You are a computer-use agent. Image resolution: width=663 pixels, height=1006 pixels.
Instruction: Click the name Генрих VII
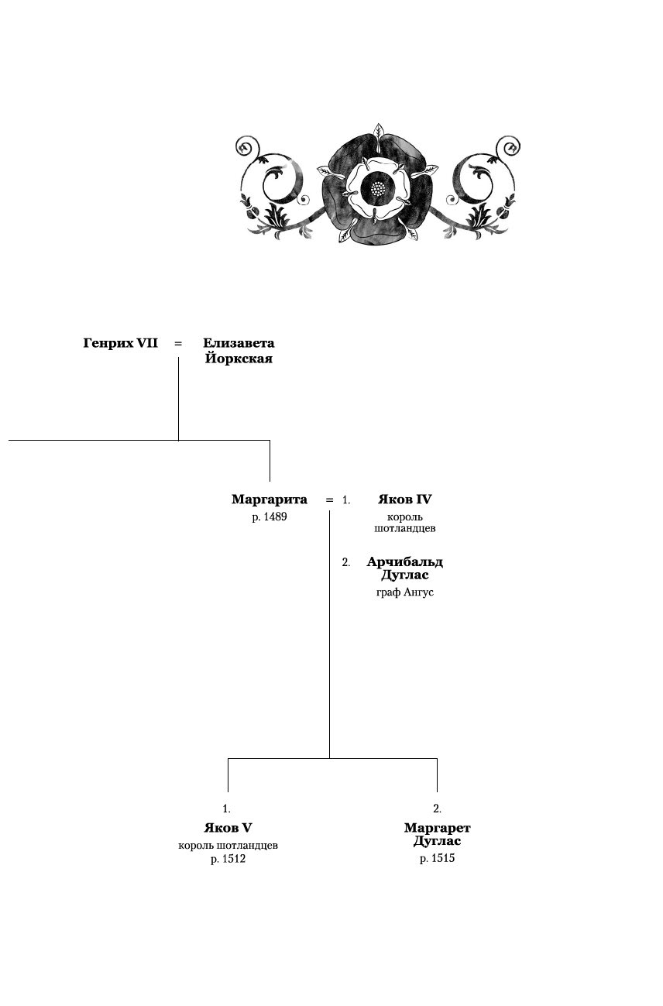[x=120, y=343]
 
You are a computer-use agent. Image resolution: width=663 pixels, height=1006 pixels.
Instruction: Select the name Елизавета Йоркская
[x=239, y=351]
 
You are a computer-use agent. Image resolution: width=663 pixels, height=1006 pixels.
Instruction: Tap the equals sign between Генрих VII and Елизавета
[x=178, y=343]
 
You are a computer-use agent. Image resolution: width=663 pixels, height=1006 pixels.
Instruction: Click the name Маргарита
[x=270, y=500]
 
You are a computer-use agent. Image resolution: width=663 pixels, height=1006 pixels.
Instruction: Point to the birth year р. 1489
[x=270, y=517]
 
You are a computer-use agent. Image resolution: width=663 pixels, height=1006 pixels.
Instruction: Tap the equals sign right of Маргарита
[x=329, y=500]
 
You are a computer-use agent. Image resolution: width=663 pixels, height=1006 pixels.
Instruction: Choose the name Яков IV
[x=404, y=500]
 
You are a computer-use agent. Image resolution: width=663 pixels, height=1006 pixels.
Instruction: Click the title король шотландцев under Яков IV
[x=404, y=523]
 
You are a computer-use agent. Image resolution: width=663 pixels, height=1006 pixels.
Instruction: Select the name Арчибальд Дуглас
[x=404, y=568]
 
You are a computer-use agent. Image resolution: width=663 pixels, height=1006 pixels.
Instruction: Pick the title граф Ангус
[x=404, y=593]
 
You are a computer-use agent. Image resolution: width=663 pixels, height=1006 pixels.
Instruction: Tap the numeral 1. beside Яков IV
[x=346, y=501]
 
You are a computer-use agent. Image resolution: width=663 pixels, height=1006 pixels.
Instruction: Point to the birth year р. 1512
[x=228, y=860]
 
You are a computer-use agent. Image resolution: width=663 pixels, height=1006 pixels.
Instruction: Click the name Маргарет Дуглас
[x=437, y=835]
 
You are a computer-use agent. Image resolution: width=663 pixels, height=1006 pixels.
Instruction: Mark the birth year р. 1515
[x=437, y=859]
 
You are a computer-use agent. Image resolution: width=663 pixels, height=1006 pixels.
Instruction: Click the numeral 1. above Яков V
[x=227, y=809]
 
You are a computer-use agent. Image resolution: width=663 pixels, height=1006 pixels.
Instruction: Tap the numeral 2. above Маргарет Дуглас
[x=437, y=809]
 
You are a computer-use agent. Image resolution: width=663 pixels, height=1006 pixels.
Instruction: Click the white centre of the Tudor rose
[x=377, y=187]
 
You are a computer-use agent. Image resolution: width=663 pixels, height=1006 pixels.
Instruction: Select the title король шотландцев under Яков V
[x=228, y=845]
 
